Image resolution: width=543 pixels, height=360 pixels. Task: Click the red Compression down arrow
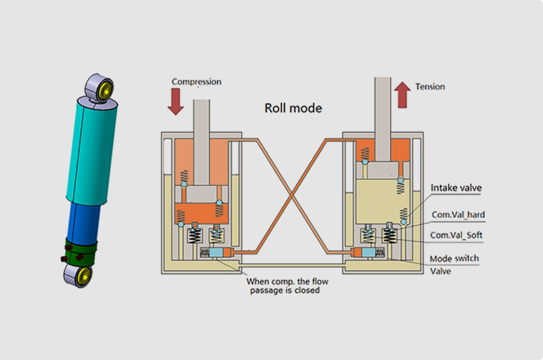click(176, 101)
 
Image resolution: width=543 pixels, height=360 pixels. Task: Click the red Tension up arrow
click(403, 95)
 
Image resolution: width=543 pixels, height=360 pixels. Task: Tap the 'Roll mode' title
click(293, 108)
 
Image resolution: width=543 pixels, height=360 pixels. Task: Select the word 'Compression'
click(196, 82)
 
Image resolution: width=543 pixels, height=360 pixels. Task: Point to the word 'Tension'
click(430, 86)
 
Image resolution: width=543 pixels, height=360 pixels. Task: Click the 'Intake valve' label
click(456, 188)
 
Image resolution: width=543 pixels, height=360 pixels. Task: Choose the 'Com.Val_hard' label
click(458, 214)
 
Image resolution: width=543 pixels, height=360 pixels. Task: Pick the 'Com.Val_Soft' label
click(457, 235)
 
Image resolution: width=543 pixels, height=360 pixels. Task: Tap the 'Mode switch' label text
click(454, 259)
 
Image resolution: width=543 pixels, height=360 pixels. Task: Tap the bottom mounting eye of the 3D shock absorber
click(77, 274)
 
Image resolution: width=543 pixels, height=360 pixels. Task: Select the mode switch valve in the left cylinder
click(217, 253)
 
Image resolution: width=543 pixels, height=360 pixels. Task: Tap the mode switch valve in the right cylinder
click(364, 253)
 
